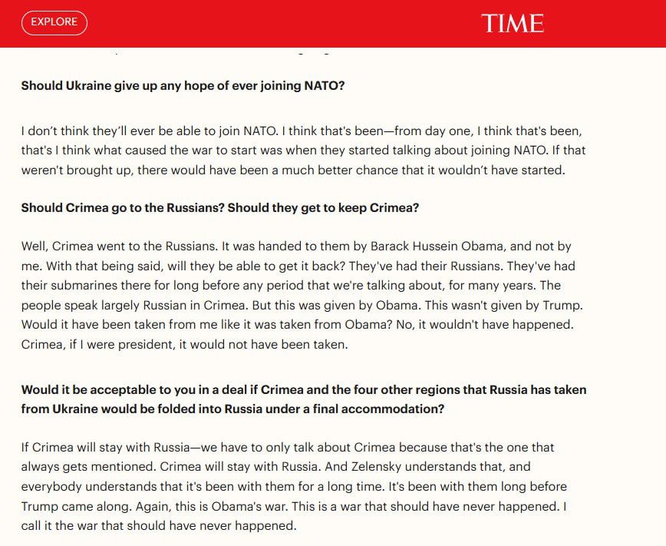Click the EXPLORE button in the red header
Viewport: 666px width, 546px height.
[54, 22]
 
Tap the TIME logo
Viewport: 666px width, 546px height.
[513, 23]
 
